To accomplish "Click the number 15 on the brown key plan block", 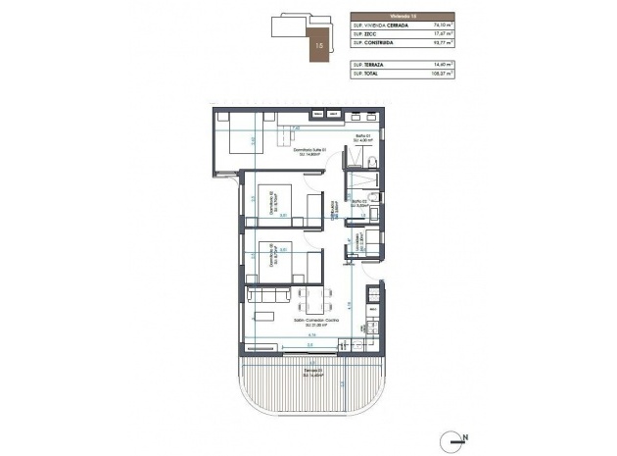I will [x=320, y=44].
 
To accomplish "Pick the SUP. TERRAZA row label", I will [x=369, y=63].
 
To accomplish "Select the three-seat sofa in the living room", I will [x=264, y=295].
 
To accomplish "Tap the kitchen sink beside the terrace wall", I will [x=348, y=345].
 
